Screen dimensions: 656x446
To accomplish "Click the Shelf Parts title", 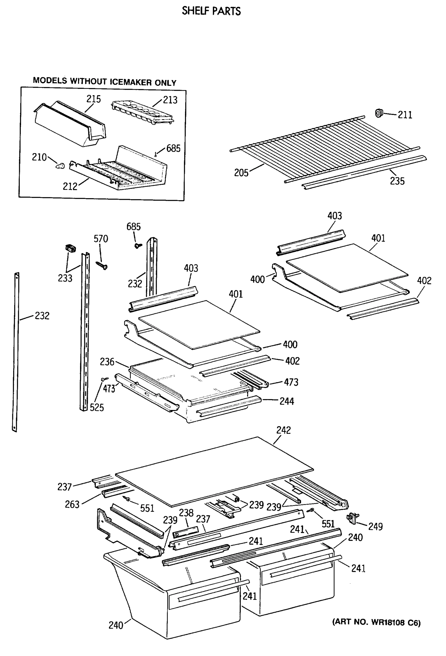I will tap(211, 11).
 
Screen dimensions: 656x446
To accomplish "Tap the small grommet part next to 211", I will tap(379, 113).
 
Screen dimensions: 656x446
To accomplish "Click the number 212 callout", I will tap(70, 187).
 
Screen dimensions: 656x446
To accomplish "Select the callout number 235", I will tap(397, 181).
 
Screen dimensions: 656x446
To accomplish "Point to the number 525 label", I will tap(97, 408).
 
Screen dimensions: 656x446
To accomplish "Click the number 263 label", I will tap(72, 504).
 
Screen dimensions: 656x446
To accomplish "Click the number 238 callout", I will tap(186, 512).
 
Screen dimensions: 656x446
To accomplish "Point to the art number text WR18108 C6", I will tap(376, 622).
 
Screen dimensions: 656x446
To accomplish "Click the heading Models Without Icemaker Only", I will tap(105, 81).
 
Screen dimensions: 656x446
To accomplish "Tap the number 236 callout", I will tap(107, 362).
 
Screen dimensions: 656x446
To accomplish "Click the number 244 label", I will tap(286, 401).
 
